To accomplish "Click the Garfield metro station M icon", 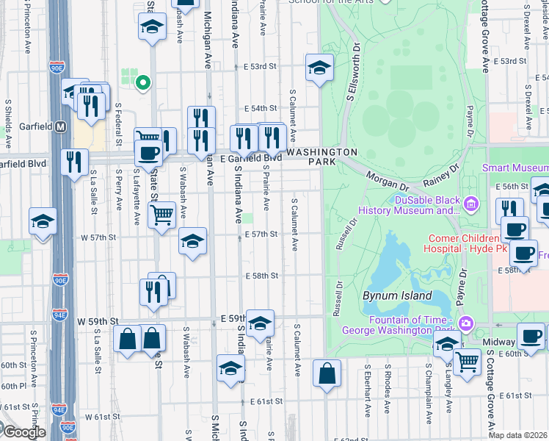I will [x=62, y=126].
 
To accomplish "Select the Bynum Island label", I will [x=389, y=295].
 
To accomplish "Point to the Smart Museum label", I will [x=515, y=168].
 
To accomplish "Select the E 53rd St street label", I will [x=260, y=66].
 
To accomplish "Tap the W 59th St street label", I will [x=98, y=321].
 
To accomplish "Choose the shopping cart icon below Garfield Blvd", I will [x=161, y=215].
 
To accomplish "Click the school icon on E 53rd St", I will [x=319, y=68].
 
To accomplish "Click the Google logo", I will [x=23, y=432].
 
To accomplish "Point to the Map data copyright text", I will [x=518, y=435].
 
